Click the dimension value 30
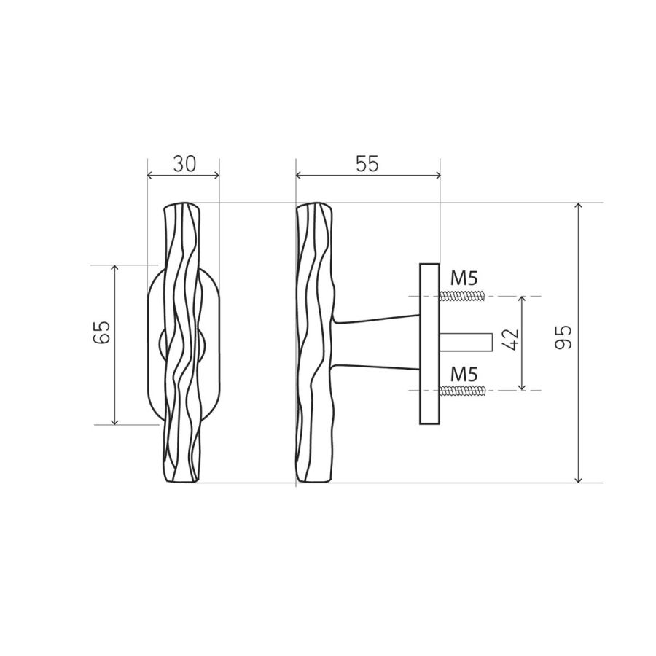pos(184,164)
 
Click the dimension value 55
pos(367,163)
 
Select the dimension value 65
pos(101,332)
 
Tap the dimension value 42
pos(510,339)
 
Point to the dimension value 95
pos(563,337)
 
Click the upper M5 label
pos(464,278)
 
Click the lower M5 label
pos(464,374)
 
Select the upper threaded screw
pos(462,296)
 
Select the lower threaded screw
pos(462,391)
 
